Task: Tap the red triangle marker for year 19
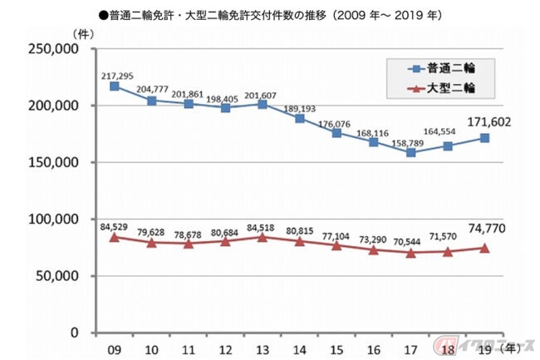484,248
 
